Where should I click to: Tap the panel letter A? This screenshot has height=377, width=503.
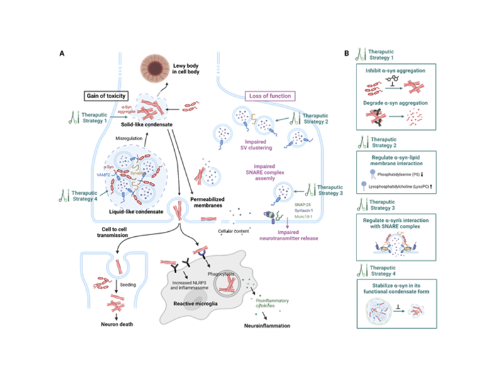point(61,53)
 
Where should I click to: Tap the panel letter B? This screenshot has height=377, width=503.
point(346,53)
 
